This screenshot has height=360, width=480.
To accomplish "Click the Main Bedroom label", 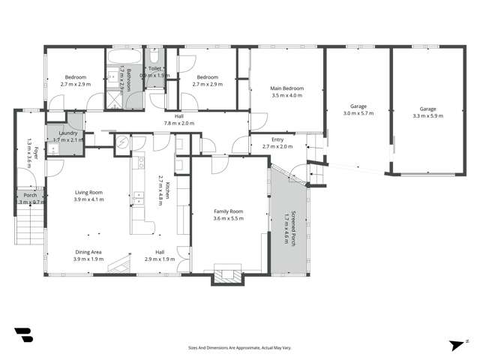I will pos(286,88).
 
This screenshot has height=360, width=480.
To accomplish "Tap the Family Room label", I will pos(229,211).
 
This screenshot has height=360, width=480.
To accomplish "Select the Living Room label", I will pos(88,193).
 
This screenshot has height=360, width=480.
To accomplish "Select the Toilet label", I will pos(154,68).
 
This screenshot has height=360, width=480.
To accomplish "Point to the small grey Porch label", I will pos(30,195).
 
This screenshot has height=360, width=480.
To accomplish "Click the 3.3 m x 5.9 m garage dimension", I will pos(427,116).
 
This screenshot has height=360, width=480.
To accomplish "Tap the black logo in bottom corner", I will pos(22,335).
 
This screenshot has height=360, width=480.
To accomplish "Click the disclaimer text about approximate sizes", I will pos(240,348).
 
